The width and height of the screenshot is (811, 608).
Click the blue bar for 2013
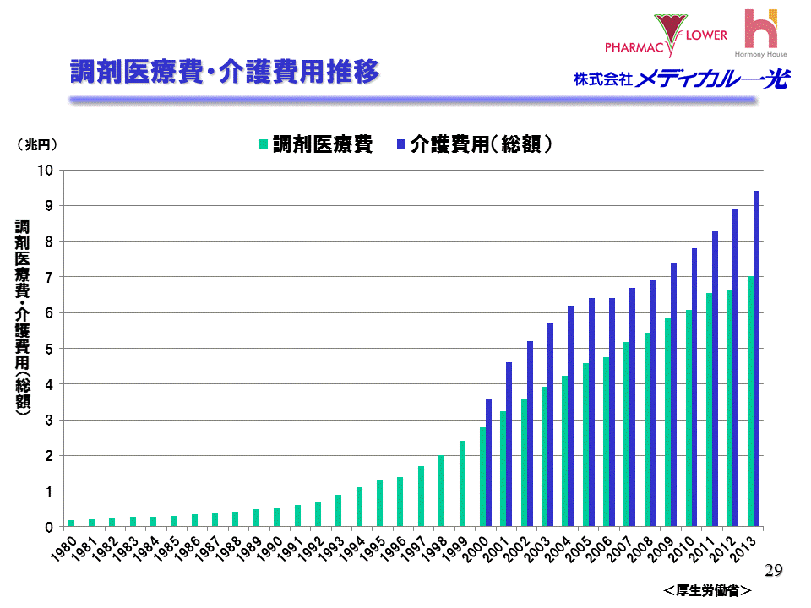pyautogui.click(x=757, y=359)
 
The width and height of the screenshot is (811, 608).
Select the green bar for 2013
pyautogui.click(x=750, y=401)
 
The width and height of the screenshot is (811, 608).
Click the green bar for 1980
pyautogui.click(x=71, y=524)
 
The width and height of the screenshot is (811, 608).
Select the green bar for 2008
pyautogui.click(x=647, y=430)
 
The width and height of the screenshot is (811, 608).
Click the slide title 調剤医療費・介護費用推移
pyautogui.click(x=223, y=73)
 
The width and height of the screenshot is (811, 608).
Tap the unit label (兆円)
pyautogui.click(x=37, y=144)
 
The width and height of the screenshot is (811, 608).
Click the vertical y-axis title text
pyautogui.click(x=23, y=317)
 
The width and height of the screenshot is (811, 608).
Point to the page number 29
pyautogui.click(x=773, y=572)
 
